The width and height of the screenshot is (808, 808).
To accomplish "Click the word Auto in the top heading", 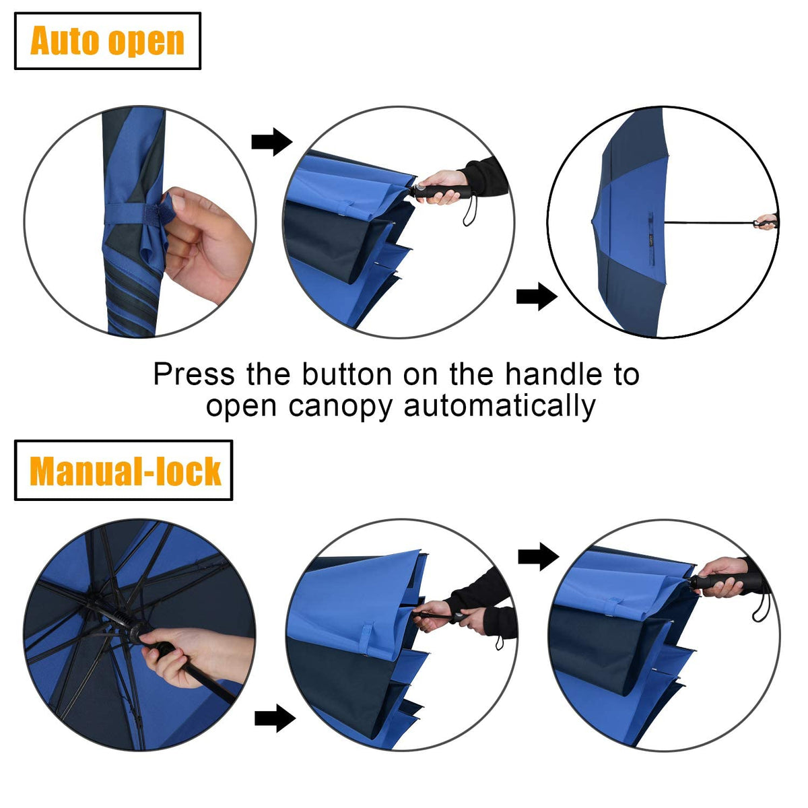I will tap(65, 41).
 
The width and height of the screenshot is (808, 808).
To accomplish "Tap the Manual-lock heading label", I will tap(125, 471).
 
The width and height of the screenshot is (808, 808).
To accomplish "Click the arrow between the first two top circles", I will tap(271, 142).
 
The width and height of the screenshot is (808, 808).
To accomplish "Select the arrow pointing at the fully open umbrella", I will tap(537, 297).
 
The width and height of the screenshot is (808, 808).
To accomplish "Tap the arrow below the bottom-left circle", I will tap(275, 718).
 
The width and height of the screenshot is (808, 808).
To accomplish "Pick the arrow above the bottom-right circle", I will tap(538, 557).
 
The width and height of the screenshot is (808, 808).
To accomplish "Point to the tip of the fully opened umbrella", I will tap(592, 221).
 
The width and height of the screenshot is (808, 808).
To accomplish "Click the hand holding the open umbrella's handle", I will tap(766, 222).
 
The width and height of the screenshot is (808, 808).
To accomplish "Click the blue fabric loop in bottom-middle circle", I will tap(368, 640).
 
